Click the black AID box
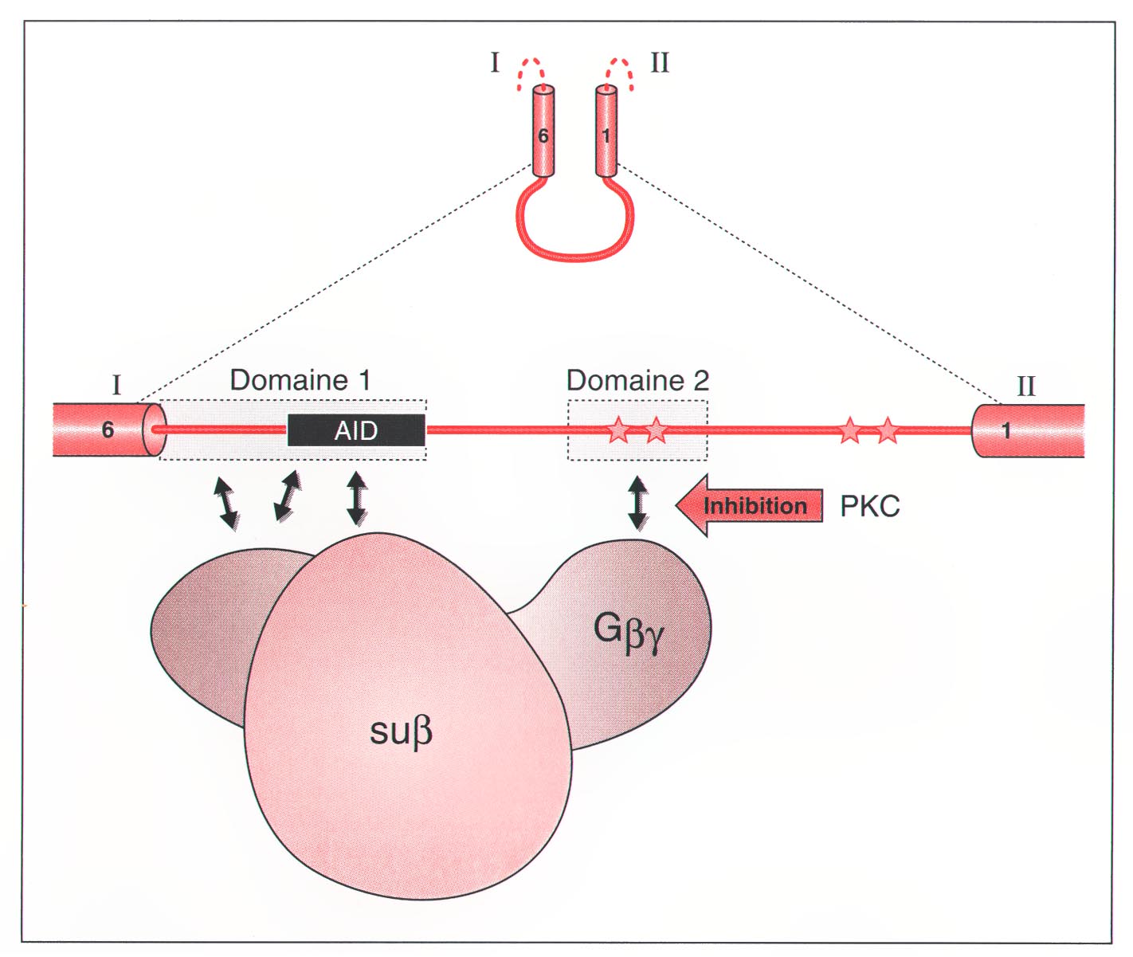click(355, 430)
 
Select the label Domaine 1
click(300, 380)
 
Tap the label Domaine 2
click(637, 380)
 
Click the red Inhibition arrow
click(749, 506)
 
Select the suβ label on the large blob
click(401, 731)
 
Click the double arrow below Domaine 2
click(637, 503)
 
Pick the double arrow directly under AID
click(357, 499)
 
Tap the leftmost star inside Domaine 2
click(618, 430)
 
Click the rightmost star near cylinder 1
click(888, 430)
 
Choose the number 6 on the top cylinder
click(543, 136)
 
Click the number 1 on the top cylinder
click(606, 136)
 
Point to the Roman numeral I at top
click(495, 62)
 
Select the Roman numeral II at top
click(660, 62)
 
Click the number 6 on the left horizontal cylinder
click(108, 430)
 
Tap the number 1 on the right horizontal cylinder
click(1006, 431)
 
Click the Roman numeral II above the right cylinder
click(1025, 386)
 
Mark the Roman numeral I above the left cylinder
click(116, 386)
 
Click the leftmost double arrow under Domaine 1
click(226, 503)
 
